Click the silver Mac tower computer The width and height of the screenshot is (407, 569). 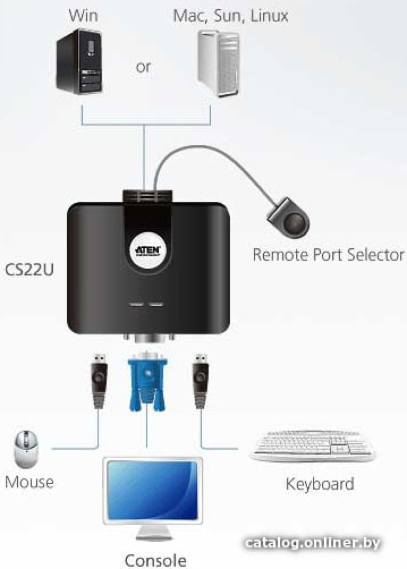pyautogui.click(x=218, y=64)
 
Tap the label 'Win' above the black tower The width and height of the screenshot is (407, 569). pyautogui.click(x=84, y=16)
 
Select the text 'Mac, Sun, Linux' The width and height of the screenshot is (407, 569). pyautogui.click(x=231, y=16)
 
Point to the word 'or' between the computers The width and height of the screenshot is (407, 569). pyautogui.click(x=143, y=67)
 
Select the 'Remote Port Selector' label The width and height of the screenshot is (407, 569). pyautogui.click(x=328, y=254)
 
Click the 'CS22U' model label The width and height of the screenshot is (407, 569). pyautogui.click(x=29, y=269)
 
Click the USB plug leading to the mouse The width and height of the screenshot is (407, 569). pyautogui.click(x=99, y=380)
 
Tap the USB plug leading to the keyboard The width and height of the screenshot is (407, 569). pyautogui.click(x=201, y=380)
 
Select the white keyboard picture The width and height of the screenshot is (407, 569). pyautogui.click(x=313, y=447)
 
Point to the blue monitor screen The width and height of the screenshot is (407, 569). pyautogui.click(x=152, y=490)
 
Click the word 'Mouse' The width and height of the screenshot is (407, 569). pyautogui.click(x=29, y=482)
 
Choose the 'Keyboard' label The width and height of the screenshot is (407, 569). pyautogui.click(x=320, y=484)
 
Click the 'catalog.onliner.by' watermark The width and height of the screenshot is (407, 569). pyautogui.click(x=313, y=543)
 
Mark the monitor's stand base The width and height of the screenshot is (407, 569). pyautogui.click(x=152, y=537)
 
